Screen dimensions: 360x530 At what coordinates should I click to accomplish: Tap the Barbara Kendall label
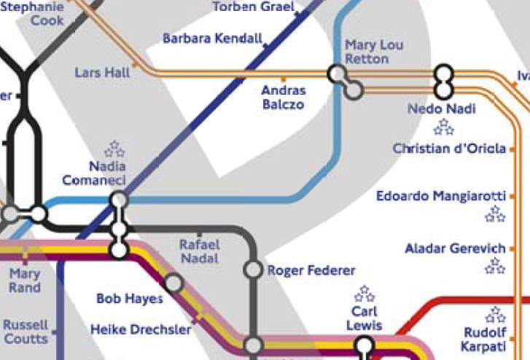212,38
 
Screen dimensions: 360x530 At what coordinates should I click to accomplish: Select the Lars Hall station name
102,73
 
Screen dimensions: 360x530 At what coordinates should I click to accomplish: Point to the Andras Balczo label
284,98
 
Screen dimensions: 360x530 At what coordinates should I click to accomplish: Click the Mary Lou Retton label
374,52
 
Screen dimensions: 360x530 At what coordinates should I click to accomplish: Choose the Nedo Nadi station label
442,109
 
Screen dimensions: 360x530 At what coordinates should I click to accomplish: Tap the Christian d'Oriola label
449,149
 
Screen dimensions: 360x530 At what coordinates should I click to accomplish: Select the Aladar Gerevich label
455,249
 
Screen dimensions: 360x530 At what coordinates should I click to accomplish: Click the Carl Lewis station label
364,318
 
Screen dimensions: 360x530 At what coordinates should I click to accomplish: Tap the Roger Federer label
311,270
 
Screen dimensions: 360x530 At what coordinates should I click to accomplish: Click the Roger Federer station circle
253,270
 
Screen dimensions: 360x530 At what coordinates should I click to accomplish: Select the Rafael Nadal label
199,252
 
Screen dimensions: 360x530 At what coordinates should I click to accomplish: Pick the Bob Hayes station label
129,299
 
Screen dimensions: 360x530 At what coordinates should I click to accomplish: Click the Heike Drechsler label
141,330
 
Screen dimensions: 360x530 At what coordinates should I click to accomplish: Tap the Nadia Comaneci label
94,173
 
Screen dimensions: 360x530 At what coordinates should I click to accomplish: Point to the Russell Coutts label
26,332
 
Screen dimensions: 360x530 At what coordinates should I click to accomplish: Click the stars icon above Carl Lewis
364,294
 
